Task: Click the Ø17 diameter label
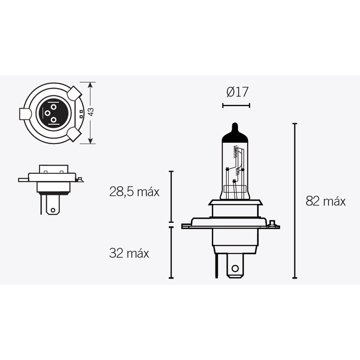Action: click(x=237, y=92)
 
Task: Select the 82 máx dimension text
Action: click(x=325, y=201)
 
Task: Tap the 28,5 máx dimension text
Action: click(x=134, y=192)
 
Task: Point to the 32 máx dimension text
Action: click(x=129, y=253)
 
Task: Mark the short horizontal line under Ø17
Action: click(x=236, y=106)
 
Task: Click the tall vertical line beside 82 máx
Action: click(x=295, y=201)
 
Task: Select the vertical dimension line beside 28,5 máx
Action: click(x=171, y=197)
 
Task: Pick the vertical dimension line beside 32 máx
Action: click(x=171, y=252)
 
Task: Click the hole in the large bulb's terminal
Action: click(x=234, y=269)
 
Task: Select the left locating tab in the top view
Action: click(x=25, y=114)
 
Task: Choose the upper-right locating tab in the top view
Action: click(x=74, y=93)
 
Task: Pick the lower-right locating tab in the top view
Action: click(x=74, y=134)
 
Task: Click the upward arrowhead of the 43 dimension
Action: click(x=90, y=85)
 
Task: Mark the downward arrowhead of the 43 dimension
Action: click(x=90, y=141)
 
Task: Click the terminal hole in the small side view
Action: click(x=53, y=209)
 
